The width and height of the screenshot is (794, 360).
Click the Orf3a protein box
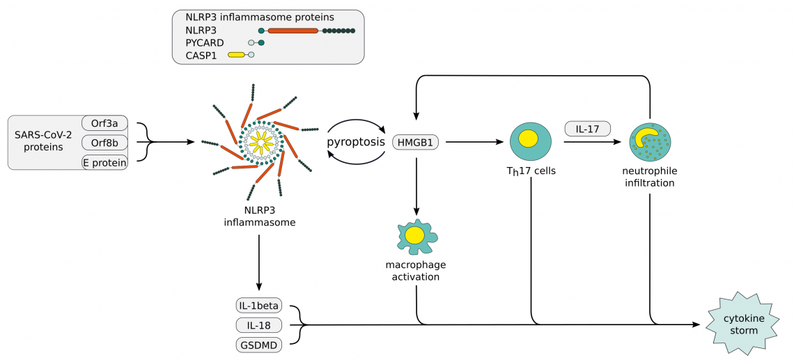click(104, 123)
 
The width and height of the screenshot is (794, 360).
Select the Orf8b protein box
click(104, 143)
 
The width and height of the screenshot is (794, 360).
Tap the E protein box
click(104, 162)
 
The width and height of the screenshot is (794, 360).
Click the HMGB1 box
click(417, 142)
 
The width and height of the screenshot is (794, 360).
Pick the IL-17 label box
click(587, 128)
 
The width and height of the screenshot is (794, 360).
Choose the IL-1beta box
click(258, 306)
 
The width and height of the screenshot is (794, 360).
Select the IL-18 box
click(258, 325)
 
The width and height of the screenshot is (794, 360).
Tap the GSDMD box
click(258, 345)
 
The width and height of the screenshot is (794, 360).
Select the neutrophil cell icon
click(650, 141)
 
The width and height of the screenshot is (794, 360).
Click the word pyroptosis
click(356, 142)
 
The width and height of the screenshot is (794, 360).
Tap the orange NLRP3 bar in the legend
click(293, 31)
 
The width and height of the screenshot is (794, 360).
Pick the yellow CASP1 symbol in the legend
click(236, 54)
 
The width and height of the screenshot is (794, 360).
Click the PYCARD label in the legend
click(205, 42)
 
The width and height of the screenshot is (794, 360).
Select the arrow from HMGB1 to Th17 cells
click(474, 142)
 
